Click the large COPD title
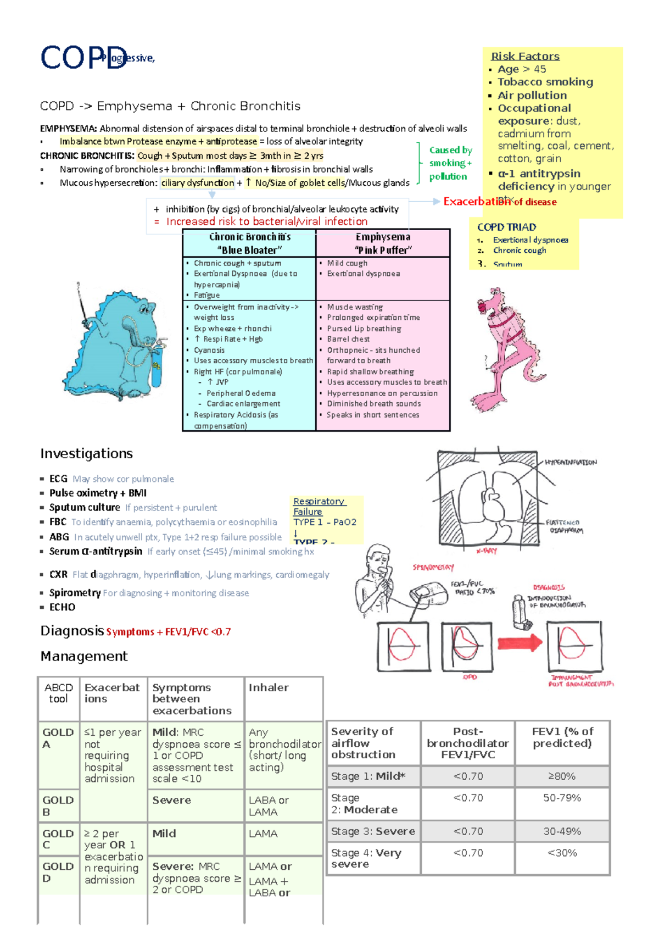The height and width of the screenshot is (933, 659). coord(82,58)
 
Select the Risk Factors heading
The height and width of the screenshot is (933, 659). coord(525,56)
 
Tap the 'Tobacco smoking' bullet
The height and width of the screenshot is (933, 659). coord(545,82)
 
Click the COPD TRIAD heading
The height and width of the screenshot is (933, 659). coord(506,227)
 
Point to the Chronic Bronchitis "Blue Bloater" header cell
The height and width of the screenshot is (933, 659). coord(249,243)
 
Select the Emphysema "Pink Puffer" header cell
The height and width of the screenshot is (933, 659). coord(383,243)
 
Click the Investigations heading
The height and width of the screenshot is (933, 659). coord(86,453)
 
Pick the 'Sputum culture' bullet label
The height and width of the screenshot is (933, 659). coord(85,507)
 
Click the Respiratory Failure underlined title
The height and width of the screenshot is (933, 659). coord(318,506)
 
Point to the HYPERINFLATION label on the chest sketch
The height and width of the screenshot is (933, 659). coord(571,463)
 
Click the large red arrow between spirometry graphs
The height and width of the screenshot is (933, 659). coord(520,643)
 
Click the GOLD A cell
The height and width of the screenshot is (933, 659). coord(58,738)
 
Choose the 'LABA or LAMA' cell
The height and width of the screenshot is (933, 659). coord(269,806)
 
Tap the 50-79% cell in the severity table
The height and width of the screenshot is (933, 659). coord(562,798)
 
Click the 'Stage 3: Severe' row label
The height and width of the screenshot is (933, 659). coord(373,831)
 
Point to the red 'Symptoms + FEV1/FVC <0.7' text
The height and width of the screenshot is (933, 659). coord(168,632)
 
